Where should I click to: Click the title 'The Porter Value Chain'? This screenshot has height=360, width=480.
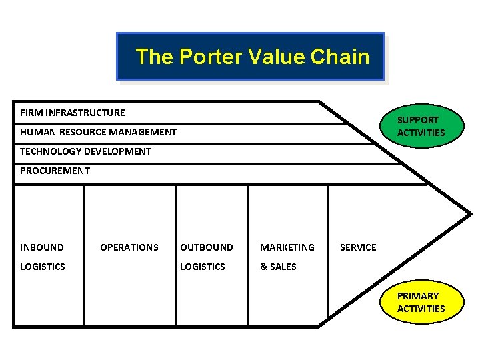tap(252, 57)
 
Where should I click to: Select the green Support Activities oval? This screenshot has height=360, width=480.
tap(421, 126)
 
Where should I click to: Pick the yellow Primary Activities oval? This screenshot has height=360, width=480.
tap(421, 302)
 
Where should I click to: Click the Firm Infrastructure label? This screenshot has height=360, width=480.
tap(72, 113)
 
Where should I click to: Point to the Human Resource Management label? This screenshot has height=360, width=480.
tap(98, 132)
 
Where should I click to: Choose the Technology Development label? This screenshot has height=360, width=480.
tap(85, 151)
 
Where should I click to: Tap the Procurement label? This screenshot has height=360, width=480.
tap(55, 171)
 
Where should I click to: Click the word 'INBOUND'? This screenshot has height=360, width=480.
tap(42, 247)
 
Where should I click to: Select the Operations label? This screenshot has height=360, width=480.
tap(129, 247)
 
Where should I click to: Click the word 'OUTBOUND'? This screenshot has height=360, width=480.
tap(207, 247)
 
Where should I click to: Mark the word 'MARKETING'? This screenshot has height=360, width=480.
tap(287, 247)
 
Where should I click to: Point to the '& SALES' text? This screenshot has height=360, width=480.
tap(278, 267)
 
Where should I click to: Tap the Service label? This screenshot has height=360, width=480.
tap(358, 247)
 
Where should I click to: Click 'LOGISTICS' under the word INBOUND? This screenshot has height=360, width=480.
tap(43, 267)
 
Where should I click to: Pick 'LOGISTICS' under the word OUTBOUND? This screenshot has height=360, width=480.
tap(203, 267)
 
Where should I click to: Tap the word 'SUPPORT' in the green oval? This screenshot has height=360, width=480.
tap(418, 120)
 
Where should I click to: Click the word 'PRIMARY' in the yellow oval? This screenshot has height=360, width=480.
tap(418, 296)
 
